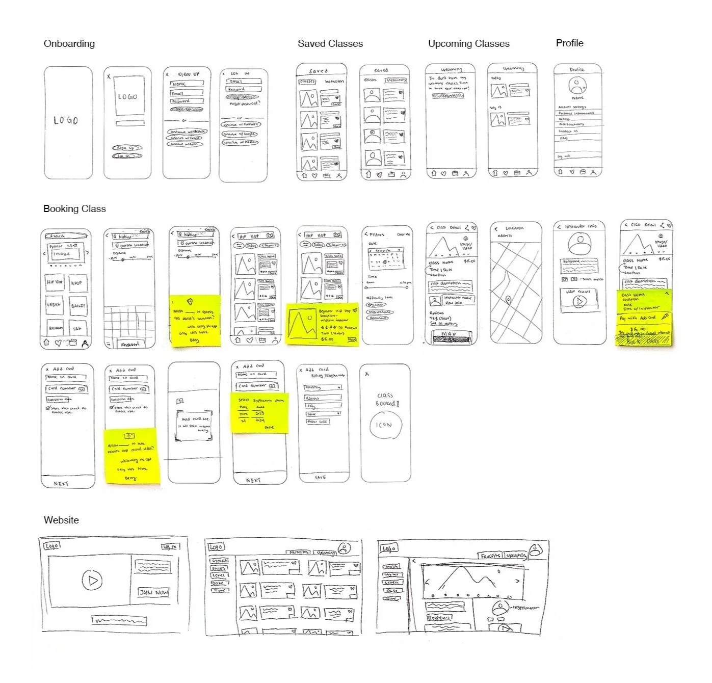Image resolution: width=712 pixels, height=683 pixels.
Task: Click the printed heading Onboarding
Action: click(x=69, y=43)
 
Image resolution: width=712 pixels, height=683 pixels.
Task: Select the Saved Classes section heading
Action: click(x=330, y=44)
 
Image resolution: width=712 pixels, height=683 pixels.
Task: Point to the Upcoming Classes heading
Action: click(x=468, y=44)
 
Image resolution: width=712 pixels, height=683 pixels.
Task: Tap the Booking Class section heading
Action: click(x=74, y=208)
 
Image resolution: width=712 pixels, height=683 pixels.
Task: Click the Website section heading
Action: click(x=61, y=520)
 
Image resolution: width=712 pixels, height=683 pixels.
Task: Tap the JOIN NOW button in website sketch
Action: click(x=153, y=592)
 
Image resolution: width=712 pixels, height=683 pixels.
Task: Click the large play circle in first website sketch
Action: click(x=92, y=580)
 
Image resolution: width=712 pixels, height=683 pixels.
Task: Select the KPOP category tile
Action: click(x=76, y=282)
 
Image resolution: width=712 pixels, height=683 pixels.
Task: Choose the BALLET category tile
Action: click(x=78, y=306)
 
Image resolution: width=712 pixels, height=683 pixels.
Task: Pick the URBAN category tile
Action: click(x=54, y=305)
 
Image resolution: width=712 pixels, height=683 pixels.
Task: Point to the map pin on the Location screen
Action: click(x=508, y=300)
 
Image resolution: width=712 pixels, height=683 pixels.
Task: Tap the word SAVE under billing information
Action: click(x=320, y=478)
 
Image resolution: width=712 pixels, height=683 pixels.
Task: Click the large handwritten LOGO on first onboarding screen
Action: click(x=66, y=120)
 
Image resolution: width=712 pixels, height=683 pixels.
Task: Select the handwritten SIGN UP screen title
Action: click(x=189, y=74)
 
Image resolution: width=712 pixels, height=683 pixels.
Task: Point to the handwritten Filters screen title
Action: click(x=377, y=234)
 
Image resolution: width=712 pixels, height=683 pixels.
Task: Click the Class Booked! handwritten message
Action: click(x=386, y=399)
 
